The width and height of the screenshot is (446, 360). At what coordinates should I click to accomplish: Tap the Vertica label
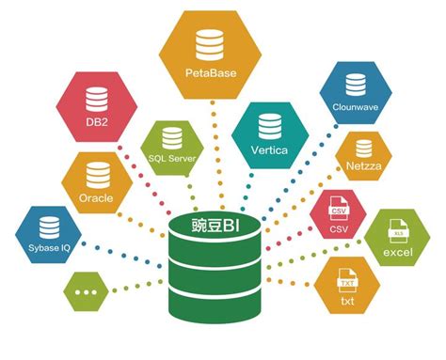pyautogui.click(x=268, y=149)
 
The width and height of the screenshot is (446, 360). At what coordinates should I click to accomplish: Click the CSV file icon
pyautogui.click(x=338, y=210)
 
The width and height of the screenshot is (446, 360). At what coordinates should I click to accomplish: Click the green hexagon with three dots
pyautogui.click(x=89, y=292)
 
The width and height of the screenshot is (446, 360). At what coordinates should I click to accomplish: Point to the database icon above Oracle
pyautogui.click(x=95, y=174)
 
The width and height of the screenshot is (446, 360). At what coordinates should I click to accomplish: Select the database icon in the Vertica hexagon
pyautogui.click(x=268, y=126)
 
